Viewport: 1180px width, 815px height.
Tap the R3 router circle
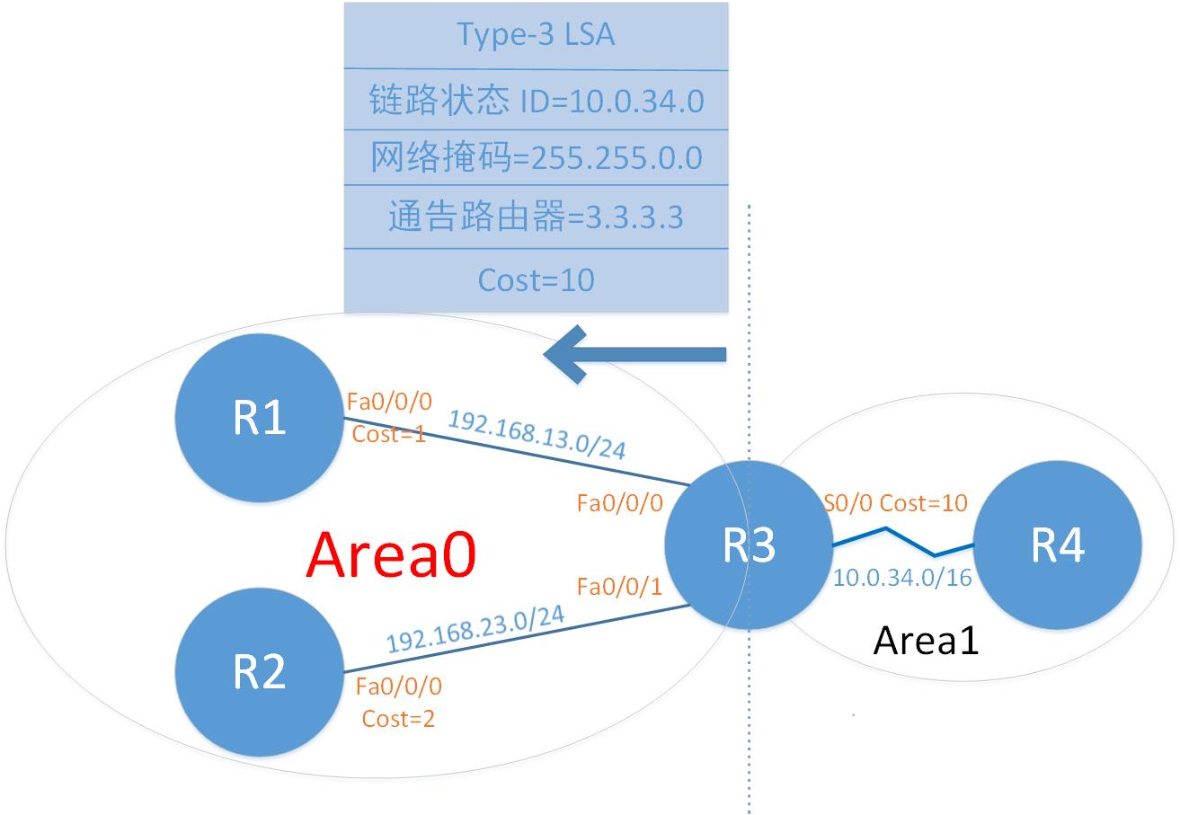749,545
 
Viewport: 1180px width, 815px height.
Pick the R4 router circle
1058,545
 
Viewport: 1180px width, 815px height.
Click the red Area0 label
391,555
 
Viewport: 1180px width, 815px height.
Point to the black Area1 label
926,641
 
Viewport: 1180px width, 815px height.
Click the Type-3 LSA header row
536,35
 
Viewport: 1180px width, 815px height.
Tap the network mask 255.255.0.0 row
536,158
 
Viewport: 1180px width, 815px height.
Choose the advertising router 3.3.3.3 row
536,217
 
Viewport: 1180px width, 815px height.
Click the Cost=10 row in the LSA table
536,280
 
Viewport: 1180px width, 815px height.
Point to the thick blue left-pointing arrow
634,355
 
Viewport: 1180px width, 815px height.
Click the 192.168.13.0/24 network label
537,434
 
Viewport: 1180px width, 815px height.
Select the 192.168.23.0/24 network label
475,629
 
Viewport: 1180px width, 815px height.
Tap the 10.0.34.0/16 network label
902,577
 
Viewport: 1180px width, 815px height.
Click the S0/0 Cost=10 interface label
895,502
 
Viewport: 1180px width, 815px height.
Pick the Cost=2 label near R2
398,719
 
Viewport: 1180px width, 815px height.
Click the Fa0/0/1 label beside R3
619,587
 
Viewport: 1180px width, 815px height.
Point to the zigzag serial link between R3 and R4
902,540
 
